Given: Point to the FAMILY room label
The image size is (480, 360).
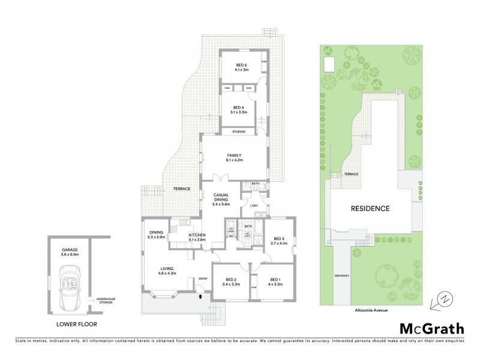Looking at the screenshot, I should tap(233, 158).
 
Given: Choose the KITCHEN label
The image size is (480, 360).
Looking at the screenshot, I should tap(197, 236).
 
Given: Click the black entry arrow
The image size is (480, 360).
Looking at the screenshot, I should tap(201, 295).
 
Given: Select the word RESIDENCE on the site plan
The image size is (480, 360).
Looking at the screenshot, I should tap(370, 209).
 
